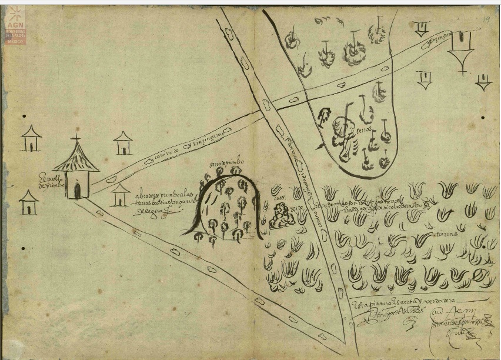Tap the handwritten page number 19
[x=487, y=19]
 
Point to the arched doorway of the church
[x=77, y=191]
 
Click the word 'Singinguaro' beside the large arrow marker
[x=436, y=41]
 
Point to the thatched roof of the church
[x=76, y=158]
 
